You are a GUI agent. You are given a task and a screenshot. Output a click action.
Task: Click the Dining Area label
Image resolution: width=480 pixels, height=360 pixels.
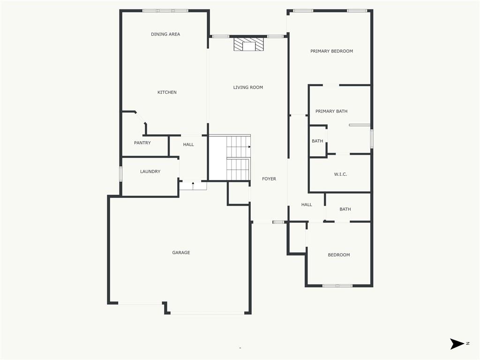pos(165,34)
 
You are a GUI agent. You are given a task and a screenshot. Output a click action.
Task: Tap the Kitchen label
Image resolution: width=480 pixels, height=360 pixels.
pos(167,92)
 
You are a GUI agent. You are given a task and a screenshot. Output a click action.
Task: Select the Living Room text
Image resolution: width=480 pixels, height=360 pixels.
pos(248,87)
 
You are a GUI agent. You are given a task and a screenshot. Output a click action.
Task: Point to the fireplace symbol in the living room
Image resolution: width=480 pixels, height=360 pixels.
pos(249,45)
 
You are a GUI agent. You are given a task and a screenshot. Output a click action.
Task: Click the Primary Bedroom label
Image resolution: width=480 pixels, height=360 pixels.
pos(331,51)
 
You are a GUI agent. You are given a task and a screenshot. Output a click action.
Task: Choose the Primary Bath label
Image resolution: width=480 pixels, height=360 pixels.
pos(331,111)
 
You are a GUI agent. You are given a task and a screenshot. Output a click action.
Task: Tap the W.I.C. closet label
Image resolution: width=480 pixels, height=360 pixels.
pos(340,174)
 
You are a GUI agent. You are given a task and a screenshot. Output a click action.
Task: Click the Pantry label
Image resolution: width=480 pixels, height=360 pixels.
pos(142,142)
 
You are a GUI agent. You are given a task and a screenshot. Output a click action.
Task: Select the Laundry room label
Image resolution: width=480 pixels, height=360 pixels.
pos(150,172)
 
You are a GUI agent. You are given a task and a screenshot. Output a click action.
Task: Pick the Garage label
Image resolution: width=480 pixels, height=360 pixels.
pos(181,253)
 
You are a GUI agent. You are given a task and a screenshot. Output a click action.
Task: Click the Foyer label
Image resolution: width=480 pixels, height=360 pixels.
pos(269,179)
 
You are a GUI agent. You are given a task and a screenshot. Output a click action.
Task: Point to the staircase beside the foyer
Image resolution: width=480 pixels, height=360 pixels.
pos(238,157)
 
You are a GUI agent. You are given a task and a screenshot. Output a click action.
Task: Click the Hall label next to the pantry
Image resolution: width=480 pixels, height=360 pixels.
pos(188,144)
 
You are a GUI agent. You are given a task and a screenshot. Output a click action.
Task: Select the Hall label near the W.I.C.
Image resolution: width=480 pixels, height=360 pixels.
pos(307,204)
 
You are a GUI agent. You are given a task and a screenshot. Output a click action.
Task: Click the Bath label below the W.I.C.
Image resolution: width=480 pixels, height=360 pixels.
pos(345,209)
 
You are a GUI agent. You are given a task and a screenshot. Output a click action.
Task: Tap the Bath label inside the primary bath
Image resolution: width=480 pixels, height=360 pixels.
pos(317,141)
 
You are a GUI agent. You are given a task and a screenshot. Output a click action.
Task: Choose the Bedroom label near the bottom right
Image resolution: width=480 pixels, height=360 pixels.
pos(338,255)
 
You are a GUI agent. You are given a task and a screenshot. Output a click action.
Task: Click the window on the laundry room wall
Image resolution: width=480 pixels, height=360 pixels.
pos(120,174)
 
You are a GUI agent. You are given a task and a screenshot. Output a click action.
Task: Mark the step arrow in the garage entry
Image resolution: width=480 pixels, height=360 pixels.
pos(193,184)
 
